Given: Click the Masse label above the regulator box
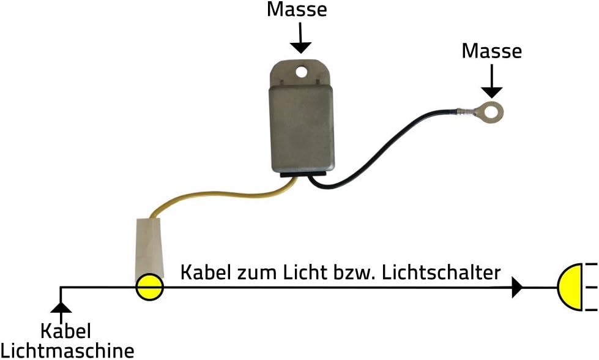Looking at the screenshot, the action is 297,10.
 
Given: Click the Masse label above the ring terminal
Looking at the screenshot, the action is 492,51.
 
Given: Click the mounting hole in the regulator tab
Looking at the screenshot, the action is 300,72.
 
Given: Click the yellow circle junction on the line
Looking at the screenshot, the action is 149,287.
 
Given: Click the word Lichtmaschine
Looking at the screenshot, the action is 67,351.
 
